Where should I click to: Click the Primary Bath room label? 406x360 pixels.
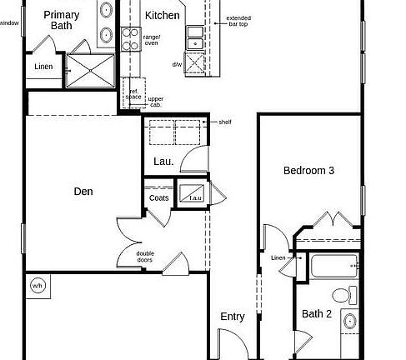(x=62, y=20)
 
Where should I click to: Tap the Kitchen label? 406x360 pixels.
(x=162, y=16)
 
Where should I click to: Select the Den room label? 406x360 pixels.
(x=83, y=192)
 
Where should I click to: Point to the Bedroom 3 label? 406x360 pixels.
(x=309, y=171)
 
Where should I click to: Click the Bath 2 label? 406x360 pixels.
(x=317, y=314)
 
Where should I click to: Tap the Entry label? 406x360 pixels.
(x=233, y=317)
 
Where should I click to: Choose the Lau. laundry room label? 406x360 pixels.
(x=163, y=162)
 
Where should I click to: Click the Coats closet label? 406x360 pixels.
(x=159, y=197)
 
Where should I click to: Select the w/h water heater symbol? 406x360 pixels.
(x=38, y=286)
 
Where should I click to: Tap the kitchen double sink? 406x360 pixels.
(x=195, y=36)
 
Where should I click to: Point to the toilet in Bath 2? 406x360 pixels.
(x=343, y=294)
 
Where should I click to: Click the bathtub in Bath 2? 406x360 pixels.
(x=331, y=267)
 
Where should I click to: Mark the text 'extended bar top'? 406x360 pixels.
(x=238, y=21)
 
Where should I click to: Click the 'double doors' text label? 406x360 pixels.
(x=145, y=257)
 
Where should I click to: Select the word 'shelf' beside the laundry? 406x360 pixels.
(x=225, y=122)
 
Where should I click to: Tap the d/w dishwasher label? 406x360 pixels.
(x=177, y=64)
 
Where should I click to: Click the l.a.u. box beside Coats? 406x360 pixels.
(x=196, y=197)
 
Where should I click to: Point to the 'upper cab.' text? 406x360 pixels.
(x=155, y=102)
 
